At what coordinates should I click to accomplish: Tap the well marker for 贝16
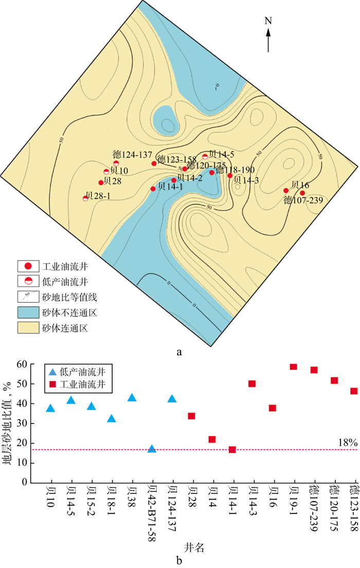286,191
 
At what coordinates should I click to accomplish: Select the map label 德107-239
303,200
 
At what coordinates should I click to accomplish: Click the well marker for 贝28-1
85,198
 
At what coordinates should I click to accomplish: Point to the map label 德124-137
132,155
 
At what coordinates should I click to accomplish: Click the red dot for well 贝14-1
153,189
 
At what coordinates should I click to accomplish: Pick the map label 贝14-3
245,180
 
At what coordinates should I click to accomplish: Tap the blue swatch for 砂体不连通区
28,312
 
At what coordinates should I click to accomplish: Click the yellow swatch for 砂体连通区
28,327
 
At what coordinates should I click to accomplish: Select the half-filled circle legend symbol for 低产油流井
28,281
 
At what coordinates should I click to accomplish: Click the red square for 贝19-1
293,367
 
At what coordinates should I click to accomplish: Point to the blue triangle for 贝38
132,397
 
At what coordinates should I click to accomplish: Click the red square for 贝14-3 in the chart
252,383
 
